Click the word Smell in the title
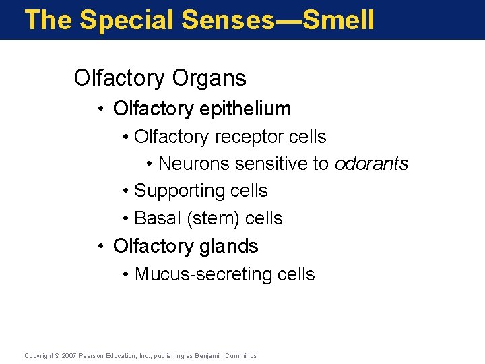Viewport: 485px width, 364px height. [x=338, y=20]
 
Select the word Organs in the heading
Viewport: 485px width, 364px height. [x=209, y=78]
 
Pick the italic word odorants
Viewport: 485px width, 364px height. [x=372, y=164]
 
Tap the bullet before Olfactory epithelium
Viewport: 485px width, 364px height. [x=99, y=109]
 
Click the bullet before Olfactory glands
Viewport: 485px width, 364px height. [x=99, y=247]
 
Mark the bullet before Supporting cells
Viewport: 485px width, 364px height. [x=127, y=191]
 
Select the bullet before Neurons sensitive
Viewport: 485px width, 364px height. [x=150, y=164]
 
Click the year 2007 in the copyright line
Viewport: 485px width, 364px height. [x=69, y=355]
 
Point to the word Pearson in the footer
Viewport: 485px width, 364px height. [x=91, y=355]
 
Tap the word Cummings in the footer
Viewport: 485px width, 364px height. [x=241, y=355]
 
